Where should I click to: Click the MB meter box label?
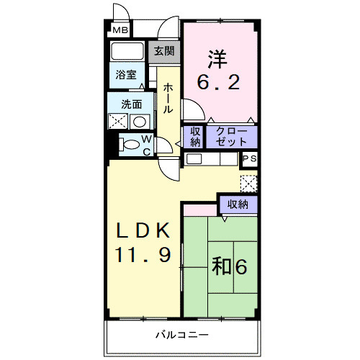click(x=120, y=30)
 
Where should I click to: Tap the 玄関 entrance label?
click(x=164, y=51)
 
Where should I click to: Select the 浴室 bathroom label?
click(x=126, y=75)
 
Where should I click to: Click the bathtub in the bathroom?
click(x=127, y=51)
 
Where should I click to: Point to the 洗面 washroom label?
click(x=132, y=104)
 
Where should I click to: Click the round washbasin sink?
click(x=140, y=122)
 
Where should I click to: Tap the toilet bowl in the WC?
click(x=130, y=145)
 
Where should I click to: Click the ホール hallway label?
click(x=168, y=99)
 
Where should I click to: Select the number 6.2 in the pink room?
click(x=218, y=82)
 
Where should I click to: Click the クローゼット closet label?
click(x=231, y=137)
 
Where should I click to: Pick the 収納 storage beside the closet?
click(x=195, y=137)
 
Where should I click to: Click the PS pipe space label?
click(x=250, y=158)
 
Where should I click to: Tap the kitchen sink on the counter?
click(x=194, y=159)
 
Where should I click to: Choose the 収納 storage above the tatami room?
click(x=238, y=204)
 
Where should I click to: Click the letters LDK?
click(x=143, y=230)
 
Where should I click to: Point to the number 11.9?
click(x=143, y=255)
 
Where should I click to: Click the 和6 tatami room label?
click(x=229, y=266)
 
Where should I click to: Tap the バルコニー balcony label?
click(x=182, y=335)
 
